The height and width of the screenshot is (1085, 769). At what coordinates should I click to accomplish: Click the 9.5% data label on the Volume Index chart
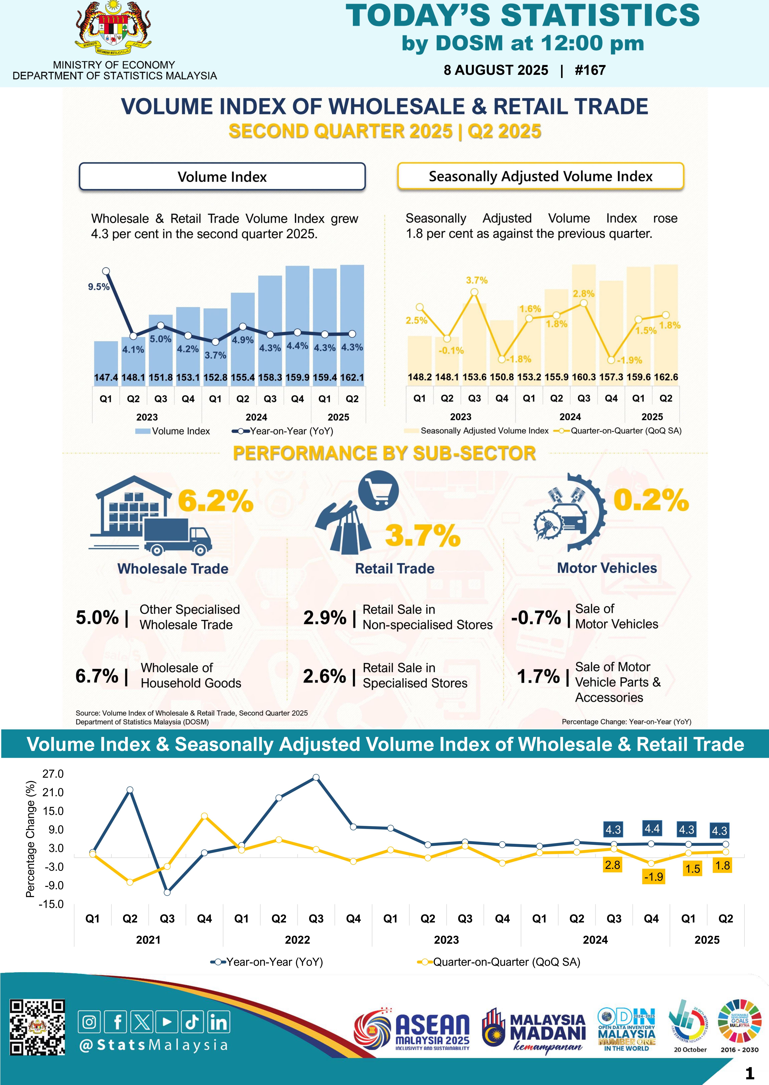click(x=98, y=287)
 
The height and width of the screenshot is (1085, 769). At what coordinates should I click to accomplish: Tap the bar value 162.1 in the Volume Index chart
click(x=352, y=378)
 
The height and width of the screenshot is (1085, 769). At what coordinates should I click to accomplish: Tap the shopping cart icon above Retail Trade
click(x=378, y=491)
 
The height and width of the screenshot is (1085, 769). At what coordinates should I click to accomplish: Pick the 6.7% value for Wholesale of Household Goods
click(x=97, y=676)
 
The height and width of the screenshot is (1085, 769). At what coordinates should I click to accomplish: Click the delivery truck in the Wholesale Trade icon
click(x=178, y=535)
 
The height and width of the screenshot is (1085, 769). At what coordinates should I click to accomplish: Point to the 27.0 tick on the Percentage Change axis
click(x=53, y=774)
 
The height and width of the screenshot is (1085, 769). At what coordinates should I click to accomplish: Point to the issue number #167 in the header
click(x=590, y=70)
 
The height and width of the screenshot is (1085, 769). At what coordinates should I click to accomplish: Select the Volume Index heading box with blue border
click(x=222, y=177)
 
